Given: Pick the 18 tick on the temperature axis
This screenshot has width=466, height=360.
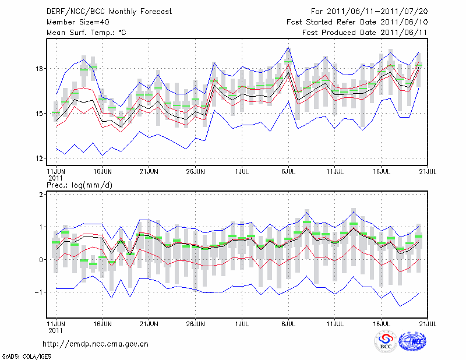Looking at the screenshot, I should (x=39, y=69).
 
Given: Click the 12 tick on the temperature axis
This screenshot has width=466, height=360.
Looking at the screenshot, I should (x=39, y=158).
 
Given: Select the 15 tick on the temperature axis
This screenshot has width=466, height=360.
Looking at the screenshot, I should (x=39, y=114).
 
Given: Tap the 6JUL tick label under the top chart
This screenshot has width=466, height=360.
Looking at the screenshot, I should (x=288, y=172).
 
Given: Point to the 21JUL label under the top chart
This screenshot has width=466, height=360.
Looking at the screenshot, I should (x=428, y=172).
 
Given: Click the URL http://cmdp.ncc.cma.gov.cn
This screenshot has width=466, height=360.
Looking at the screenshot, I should (x=96, y=344).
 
